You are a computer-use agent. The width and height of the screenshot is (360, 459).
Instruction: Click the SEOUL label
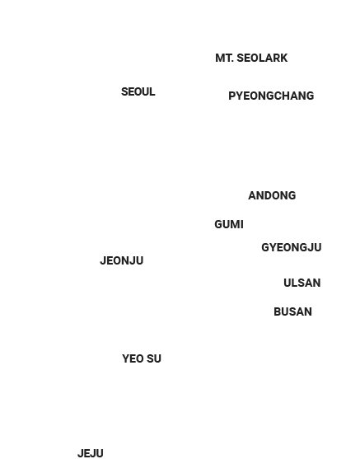pos(138,92)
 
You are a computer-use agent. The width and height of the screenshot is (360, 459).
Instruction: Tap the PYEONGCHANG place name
pos(271,96)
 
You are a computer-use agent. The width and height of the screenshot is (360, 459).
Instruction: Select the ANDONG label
pos(272,195)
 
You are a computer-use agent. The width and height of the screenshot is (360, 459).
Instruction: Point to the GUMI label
pos(229,224)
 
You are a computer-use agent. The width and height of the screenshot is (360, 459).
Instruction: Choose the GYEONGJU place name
pos(292,248)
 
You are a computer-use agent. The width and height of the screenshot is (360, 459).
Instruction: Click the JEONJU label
pos(122,260)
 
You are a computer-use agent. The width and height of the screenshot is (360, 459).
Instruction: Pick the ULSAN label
pos(302,283)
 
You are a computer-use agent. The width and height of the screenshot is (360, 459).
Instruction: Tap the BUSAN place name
pos(292,311)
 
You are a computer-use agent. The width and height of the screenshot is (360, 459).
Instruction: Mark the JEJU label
pos(91,453)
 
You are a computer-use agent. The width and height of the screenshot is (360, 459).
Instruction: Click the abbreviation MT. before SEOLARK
pos(225,58)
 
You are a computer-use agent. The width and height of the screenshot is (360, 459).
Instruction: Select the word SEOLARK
pos(262,58)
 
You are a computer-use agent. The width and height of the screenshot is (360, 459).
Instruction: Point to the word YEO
pos(133,358)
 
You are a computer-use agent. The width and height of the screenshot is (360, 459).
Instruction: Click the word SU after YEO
pos(154,358)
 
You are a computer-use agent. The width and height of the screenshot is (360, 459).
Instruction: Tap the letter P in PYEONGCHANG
pos(232,96)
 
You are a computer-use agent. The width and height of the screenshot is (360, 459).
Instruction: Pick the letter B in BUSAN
pos(278,311)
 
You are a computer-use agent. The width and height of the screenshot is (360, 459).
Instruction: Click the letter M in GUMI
pos(236,224)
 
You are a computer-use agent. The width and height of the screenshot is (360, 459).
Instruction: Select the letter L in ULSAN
pos(294,283)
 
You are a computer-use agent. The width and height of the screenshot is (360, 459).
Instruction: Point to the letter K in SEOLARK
pos(284,58)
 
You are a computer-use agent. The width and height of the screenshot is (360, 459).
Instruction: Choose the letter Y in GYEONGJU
pos(273,248)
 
